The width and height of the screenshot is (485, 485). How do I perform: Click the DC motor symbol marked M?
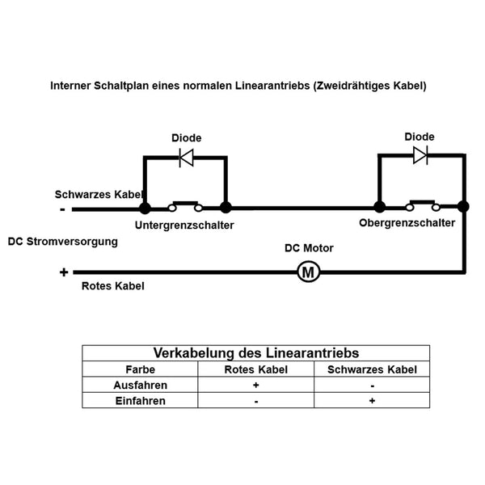pos(307,272)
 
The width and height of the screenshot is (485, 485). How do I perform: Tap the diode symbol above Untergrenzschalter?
pos(186,158)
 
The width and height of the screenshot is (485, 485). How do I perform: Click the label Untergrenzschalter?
pos(184,226)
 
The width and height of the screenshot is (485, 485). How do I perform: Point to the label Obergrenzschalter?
pos(407,222)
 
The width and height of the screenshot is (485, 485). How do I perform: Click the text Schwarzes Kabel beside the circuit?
pos(99,195)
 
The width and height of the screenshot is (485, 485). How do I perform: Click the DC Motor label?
pos(309,248)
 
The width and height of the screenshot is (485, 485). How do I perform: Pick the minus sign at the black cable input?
pos(62,209)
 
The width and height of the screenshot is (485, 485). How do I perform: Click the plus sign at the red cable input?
pos(63,272)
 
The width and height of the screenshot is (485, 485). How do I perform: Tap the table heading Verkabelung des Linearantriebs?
pos(256,353)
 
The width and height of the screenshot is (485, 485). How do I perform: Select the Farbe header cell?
pos(140,369)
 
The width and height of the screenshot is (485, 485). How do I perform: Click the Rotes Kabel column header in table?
pos(256,369)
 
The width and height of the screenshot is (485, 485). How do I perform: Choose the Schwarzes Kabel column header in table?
pos(372,369)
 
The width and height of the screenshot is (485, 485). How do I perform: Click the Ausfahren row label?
pos(140,385)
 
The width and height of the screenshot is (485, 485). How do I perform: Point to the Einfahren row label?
pos(140,400)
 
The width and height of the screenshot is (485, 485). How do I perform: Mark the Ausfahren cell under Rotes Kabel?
pos(256,385)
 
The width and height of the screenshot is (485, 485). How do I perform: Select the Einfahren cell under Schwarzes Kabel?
pos(372,400)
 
